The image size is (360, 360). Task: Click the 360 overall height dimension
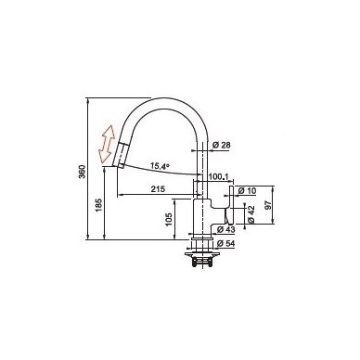click(x=82, y=172)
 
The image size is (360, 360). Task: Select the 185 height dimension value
click(x=98, y=205)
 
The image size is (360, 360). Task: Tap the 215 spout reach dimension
click(x=158, y=189)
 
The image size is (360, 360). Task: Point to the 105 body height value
click(x=169, y=219)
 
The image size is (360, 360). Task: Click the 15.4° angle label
click(x=160, y=166)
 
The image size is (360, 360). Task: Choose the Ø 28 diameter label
click(x=222, y=145)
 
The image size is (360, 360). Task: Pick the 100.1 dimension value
click(x=218, y=176)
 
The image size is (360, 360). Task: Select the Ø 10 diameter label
click(x=247, y=191)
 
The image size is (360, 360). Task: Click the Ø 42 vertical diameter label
click(x=251, y=214)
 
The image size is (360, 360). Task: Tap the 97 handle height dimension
click(x=268, y=205)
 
